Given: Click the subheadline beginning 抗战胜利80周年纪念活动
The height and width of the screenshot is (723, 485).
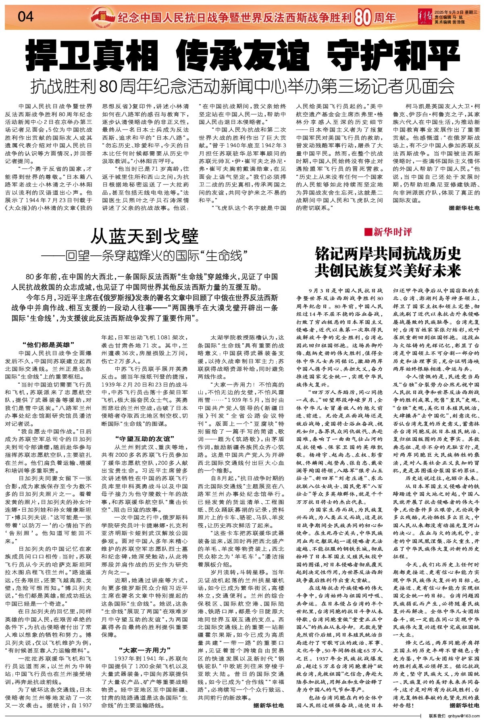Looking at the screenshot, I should (x=243, y=86).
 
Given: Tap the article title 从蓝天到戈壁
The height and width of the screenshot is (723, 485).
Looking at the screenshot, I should (x=144, y=236).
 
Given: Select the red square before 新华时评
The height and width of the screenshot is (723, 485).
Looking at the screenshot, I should (x=367, y=232).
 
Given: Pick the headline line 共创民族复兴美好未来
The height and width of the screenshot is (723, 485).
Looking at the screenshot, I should (x=388, y=270).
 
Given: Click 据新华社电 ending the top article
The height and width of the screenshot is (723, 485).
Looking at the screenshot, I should (x=464, y=208).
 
